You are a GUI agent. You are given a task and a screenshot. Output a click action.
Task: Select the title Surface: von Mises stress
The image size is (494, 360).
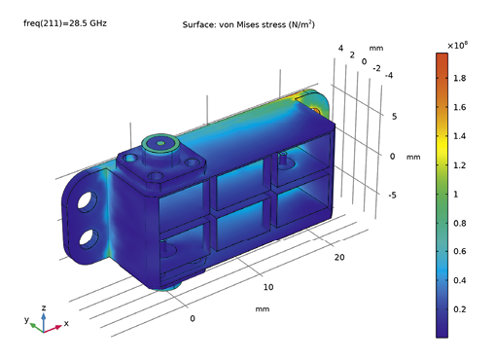(x=247, y=24)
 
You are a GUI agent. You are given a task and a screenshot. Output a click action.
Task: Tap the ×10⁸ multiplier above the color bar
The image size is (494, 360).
(x=460, y=45)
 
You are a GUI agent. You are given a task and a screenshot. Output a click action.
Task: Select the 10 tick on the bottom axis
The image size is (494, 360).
(x=269, y=287)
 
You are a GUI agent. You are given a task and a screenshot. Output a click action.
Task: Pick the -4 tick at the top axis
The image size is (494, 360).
(x=389, y=75)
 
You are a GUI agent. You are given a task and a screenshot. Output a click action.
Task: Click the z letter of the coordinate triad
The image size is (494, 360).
(x=44, y=306)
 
